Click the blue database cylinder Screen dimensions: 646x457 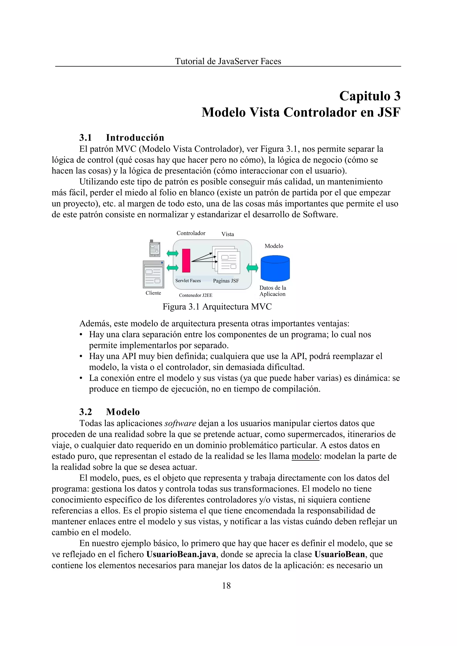(275, 268)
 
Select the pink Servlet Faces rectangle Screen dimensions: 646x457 (186, 261)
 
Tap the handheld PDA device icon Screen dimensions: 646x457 (154, 248)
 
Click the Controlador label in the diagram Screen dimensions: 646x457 (191, 233)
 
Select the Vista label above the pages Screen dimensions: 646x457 (228, 234)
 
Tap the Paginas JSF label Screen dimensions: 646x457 (226, 281)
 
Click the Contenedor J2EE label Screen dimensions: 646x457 (195, 295)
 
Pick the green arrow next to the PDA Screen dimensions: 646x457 (172, 253)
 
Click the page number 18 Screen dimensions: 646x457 (226, 586)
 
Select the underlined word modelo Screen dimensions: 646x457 (305, 456)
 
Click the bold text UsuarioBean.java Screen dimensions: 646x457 (181, 554)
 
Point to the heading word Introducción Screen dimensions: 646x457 (135, 138)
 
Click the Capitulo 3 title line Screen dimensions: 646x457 (370, 96)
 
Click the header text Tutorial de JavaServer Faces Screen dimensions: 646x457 (228, 61)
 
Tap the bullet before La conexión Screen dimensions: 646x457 (81, 378)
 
